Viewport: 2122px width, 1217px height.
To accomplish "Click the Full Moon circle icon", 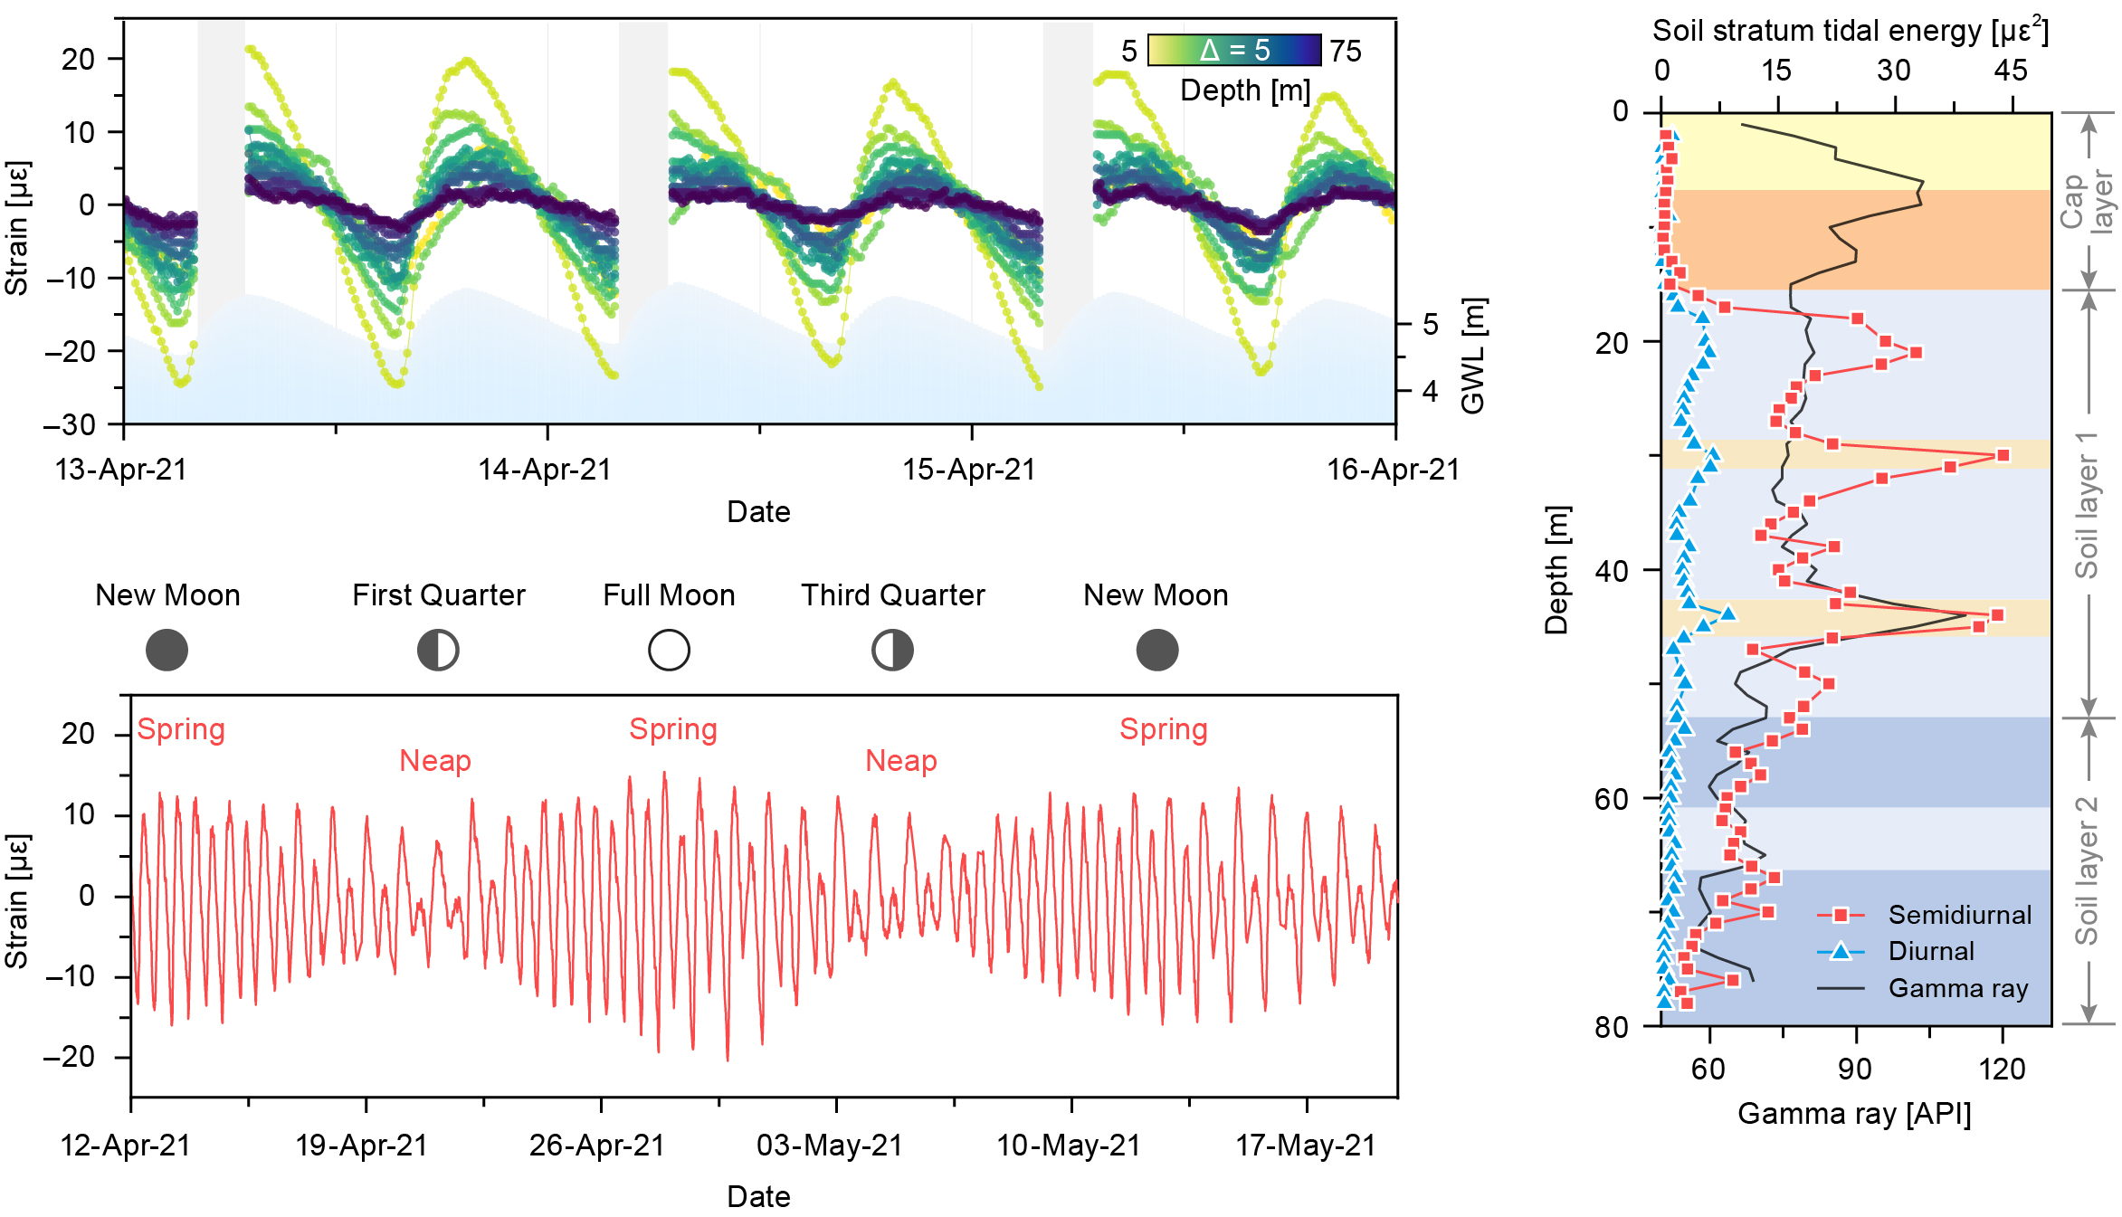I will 669,650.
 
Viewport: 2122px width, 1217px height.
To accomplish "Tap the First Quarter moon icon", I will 438,650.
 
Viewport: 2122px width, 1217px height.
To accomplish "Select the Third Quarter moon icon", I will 892,650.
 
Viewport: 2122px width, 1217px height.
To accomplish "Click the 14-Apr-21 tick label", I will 545,470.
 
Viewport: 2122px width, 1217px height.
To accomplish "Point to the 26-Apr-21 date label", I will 597,1146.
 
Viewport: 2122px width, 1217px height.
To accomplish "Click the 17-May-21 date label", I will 1306,1146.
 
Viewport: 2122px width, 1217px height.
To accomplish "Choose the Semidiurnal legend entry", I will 1959,915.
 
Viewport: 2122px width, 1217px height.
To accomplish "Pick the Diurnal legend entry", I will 1931,951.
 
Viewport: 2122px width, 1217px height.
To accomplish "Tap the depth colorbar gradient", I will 1234,50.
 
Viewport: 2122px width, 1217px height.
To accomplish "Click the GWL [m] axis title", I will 1473,356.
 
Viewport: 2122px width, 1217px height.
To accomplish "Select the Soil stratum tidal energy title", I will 1850,31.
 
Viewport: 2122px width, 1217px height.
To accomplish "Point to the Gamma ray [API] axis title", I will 1854,1113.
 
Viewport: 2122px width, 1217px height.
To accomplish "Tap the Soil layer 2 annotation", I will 2086,870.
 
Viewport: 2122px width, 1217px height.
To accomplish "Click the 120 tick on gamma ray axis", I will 2002,1070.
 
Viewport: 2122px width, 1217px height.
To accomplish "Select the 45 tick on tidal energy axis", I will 2011,71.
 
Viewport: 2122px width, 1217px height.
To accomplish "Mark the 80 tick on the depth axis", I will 1612,1027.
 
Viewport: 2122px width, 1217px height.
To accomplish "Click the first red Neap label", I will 435,761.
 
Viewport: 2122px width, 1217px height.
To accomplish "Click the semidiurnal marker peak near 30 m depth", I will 2003,455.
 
